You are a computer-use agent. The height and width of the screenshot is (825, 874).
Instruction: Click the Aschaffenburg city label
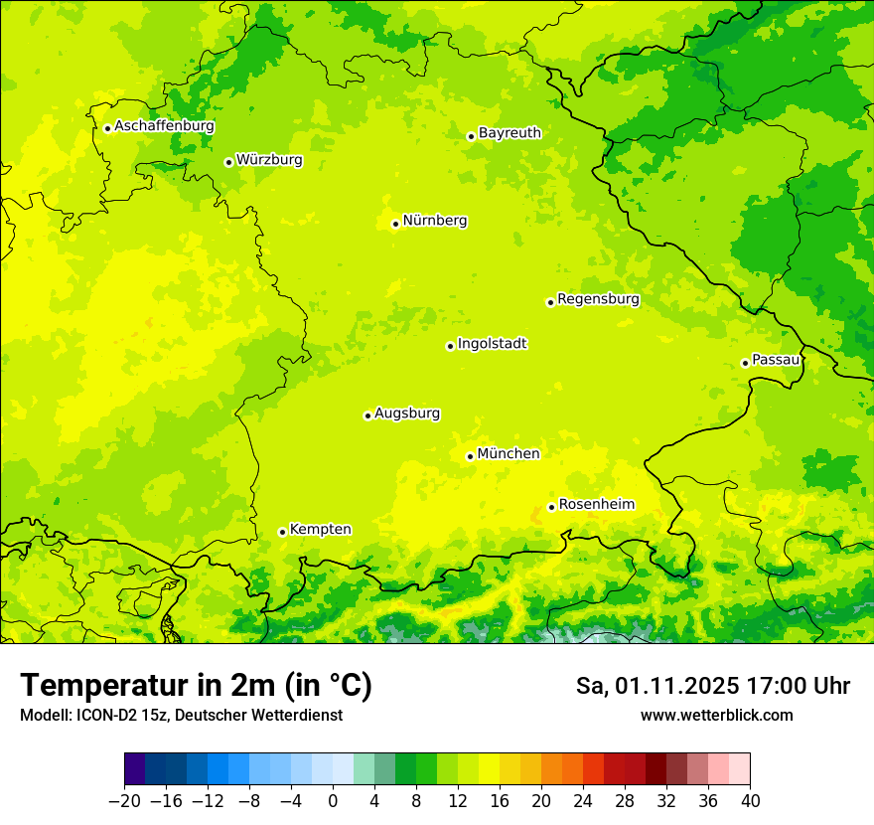(164, 126)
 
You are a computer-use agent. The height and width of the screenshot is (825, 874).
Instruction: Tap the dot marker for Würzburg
(228, 162)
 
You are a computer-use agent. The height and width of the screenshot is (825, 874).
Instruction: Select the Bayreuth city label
(510, 133)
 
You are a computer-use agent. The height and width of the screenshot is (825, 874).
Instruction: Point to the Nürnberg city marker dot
(395, 224)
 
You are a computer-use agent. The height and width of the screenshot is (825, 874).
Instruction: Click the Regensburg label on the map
(598, 299)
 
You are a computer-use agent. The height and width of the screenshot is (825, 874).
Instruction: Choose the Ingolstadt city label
(492, 344)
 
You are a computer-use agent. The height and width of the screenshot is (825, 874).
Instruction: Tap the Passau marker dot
(745, 363)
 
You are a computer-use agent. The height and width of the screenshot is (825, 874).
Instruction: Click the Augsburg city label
(407, 413)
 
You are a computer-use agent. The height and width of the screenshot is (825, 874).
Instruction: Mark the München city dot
(470, 456)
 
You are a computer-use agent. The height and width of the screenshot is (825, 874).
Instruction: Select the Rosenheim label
(596, 505)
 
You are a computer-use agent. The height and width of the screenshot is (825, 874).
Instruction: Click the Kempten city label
(320, 530)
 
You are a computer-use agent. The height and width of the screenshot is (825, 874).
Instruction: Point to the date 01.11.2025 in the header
(676, 686)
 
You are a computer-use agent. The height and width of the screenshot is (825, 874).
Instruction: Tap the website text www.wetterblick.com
(716, 716)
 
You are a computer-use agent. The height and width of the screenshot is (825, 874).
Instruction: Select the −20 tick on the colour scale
(124, 801)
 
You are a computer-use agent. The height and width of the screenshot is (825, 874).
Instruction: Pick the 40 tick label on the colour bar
(750, 801)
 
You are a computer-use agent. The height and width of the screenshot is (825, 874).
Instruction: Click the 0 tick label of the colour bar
(333, 801)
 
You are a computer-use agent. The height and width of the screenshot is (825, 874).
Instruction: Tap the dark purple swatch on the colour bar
(135, 769)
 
